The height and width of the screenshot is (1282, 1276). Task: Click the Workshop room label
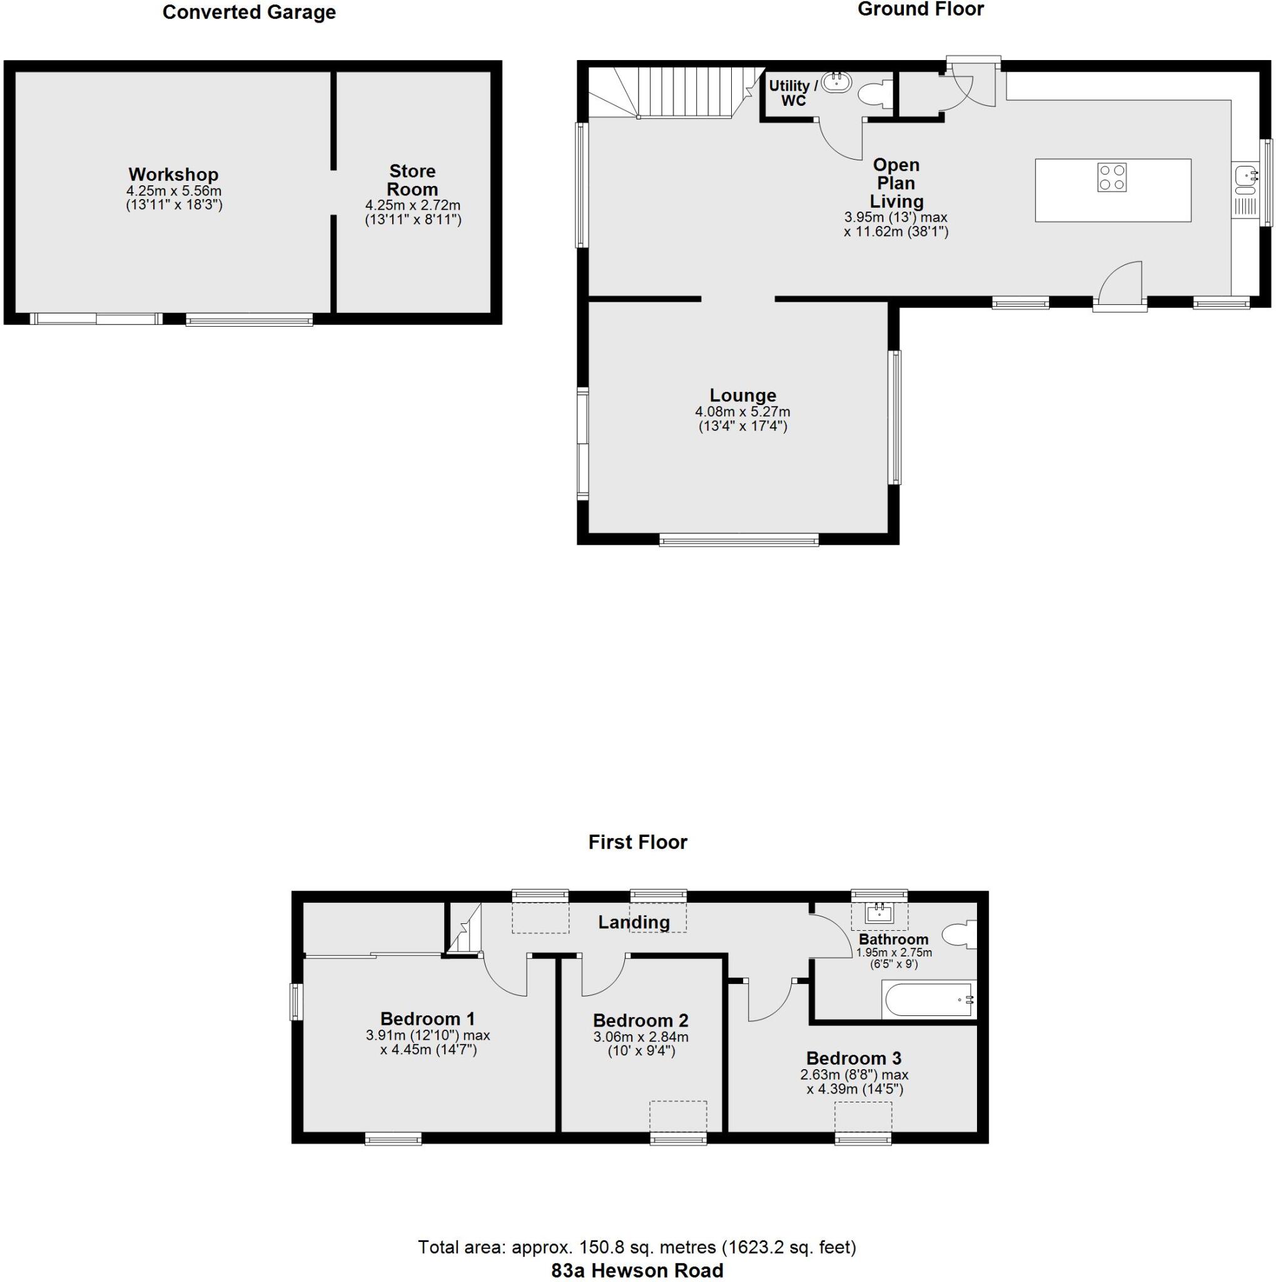point(173,175)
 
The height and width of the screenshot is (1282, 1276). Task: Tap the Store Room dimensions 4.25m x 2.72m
point(413,206)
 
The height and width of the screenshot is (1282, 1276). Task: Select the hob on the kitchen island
point(1111,177)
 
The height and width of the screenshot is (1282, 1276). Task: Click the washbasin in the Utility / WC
point(836,82)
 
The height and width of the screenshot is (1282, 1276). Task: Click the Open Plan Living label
point(896,183)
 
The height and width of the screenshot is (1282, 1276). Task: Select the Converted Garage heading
point(249,13)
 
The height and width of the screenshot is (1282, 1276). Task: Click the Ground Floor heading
point(920,9)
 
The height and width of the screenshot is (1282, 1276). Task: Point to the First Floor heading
point(637,842)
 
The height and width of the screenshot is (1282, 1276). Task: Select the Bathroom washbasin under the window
point(879,913)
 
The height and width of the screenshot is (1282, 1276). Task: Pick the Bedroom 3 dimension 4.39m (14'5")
point(855,1089)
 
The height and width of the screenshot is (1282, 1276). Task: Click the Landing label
point(634,921)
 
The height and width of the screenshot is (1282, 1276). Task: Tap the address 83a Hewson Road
point(637,1270)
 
